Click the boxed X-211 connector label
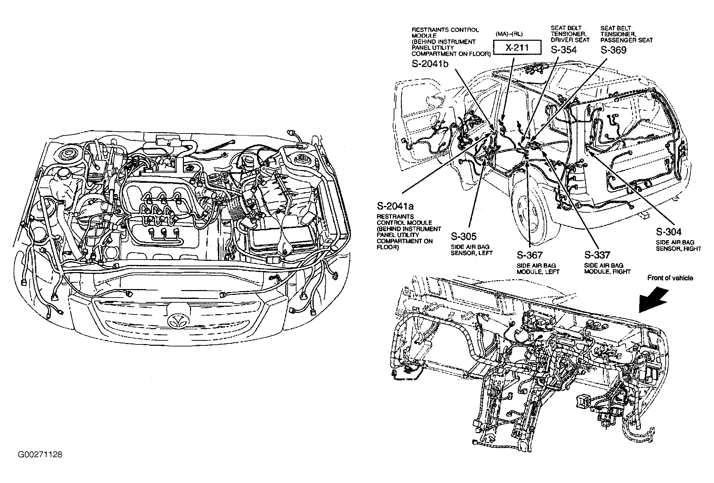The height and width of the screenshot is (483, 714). point(517,48)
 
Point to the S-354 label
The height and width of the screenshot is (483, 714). point(564,50)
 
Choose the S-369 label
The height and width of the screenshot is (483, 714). point(613,50)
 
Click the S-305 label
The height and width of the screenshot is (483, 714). point(464,236)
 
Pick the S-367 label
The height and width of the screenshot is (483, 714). point(530,255)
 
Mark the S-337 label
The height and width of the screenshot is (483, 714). point(597,255)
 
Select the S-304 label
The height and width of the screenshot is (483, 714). point(669,232)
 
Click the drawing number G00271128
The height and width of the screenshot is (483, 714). point(40,454)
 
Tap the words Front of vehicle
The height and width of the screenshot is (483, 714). point(670,278)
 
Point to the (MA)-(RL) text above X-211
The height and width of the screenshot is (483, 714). point(509,34)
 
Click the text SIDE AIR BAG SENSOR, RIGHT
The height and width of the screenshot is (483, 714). point(678,246)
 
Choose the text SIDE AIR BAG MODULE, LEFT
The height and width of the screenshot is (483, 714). point(538,268)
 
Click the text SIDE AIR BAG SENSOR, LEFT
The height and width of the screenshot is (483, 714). point(472,250)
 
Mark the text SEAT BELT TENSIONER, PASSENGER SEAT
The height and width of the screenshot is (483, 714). point(626,34)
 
